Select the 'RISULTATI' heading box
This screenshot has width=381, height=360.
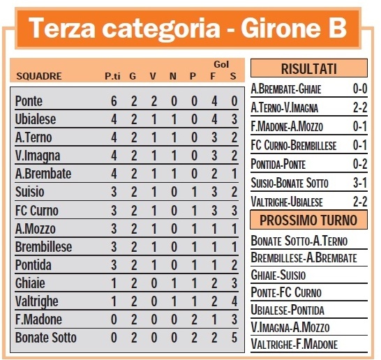(308, 68)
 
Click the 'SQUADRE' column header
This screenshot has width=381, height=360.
(39, 76)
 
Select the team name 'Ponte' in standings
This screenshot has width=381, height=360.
(29, 101)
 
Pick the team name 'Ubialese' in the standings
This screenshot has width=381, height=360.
(36, 119)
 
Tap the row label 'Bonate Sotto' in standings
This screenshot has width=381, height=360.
(46, 338)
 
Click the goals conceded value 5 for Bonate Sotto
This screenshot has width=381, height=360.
(234, 338)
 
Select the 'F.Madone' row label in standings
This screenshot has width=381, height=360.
(38, 320)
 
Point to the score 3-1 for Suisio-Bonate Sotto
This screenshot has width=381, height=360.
(359, 183)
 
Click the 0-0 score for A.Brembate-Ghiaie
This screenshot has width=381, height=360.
(359, 89)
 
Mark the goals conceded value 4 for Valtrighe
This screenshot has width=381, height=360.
(234, 301)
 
